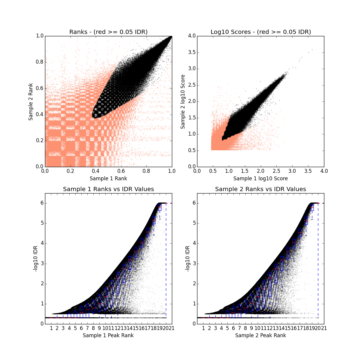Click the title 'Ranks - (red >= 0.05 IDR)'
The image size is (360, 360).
[x=108, y=32]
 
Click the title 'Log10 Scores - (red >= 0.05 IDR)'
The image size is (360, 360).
[x=261, y=32]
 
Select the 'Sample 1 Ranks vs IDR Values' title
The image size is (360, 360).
[x=108, y=189]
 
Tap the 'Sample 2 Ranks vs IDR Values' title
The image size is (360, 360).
[x=261, y=189]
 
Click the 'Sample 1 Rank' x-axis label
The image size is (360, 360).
[x=108, y=178]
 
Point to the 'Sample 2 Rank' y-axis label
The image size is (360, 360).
[x=31, y=101]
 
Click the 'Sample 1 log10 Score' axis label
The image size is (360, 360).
[x=261, y=178]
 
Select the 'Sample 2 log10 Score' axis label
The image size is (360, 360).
[x=183, y=101]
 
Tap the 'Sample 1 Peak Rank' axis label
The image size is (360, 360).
[x=108, y=335]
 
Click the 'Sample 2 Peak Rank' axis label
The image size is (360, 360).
[x=261, y=335]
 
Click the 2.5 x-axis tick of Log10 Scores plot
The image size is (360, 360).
[x=276, y=171]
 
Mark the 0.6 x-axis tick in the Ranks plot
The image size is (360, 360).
[x=121, y=171]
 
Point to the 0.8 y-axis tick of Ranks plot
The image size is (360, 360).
[x=39, y=62]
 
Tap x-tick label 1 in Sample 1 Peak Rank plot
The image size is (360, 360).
[x=51, y=328]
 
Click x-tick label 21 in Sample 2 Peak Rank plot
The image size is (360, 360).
[x=324, y=328]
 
